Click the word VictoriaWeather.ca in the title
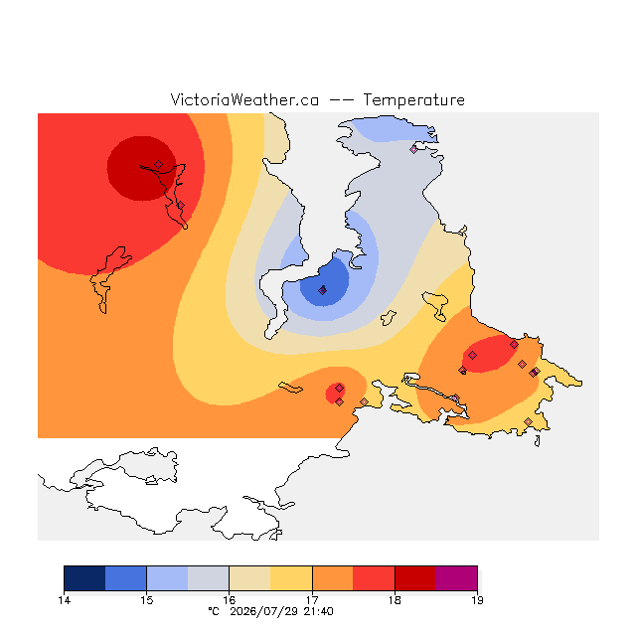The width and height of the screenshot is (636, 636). tap(244, 99)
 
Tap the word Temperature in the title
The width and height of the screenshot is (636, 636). tap(413, 99)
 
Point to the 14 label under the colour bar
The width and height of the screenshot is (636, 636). tap(64, 600)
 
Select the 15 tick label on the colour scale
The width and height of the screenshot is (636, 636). tap(147, 600)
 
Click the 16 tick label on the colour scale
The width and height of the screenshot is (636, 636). tap(230, 600)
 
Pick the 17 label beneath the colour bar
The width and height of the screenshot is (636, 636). tap(312, 600)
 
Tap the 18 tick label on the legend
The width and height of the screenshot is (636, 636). tap(395, 600)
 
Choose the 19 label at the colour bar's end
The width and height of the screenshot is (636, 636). tap(477, 600)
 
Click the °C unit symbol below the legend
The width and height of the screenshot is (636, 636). tap(214, 611)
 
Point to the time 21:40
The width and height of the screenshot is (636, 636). tap(318, 611)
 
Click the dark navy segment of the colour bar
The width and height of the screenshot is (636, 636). tap(84, 578)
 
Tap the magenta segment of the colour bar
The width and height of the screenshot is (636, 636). tap(456, 578)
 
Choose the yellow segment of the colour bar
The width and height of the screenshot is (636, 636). tap(291, 578)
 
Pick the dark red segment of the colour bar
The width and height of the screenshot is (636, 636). tap(415, 578)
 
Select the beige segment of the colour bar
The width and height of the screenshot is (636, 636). tap(249, 578)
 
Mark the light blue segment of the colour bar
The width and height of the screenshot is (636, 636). tap(167, 578)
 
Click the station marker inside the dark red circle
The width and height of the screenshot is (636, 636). tap(159, 164)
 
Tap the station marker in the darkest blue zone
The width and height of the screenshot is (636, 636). tap(322, 290)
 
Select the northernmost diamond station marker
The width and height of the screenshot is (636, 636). tap(413, 149)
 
